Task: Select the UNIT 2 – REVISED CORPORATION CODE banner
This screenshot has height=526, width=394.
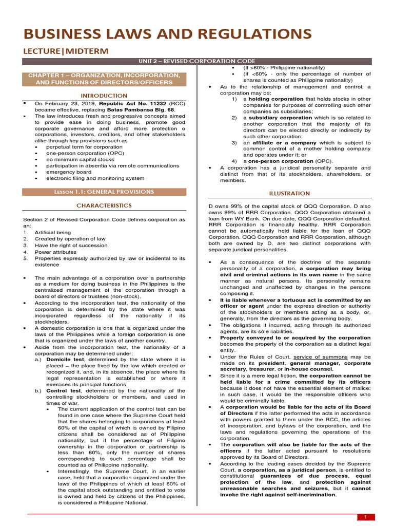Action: [197, 62]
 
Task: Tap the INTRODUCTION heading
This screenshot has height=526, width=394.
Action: [104, 96]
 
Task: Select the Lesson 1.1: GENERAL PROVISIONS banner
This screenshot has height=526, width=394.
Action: [104, 192]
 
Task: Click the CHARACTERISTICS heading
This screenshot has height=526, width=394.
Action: [104, 205]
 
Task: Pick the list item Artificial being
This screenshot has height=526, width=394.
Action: [53, 232]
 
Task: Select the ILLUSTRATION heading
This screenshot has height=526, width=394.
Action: [290, 193]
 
